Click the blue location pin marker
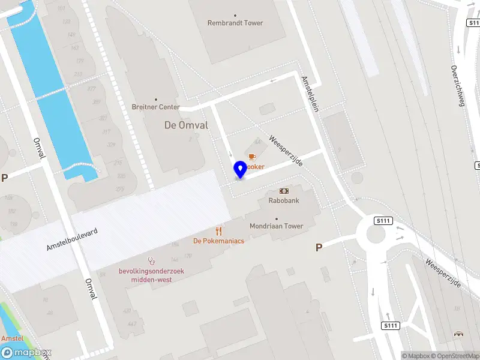tap(241, 169)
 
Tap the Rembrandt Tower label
tap(235, 23)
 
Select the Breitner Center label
tap(156, 107)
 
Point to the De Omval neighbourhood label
tap(186, 125)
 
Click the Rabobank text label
tap(284, 200)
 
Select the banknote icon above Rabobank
tap(284, 191)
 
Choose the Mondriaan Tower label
tap(277, 226)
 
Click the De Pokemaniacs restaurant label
tap(218, 241)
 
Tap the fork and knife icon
tap(219, 231)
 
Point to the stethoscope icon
tap(152, 261)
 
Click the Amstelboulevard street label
tap(72, 239)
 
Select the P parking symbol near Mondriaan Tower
tap(319, 247)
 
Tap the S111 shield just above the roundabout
tap(383, 221)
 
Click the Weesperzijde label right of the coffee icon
tap(286, 151)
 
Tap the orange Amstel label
tap(12, 339)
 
